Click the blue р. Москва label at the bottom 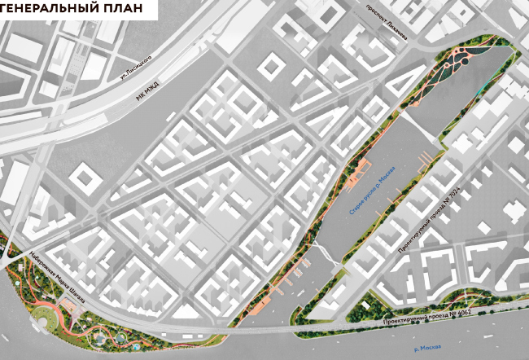coord(431,348)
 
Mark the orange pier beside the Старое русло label coord(356,174)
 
